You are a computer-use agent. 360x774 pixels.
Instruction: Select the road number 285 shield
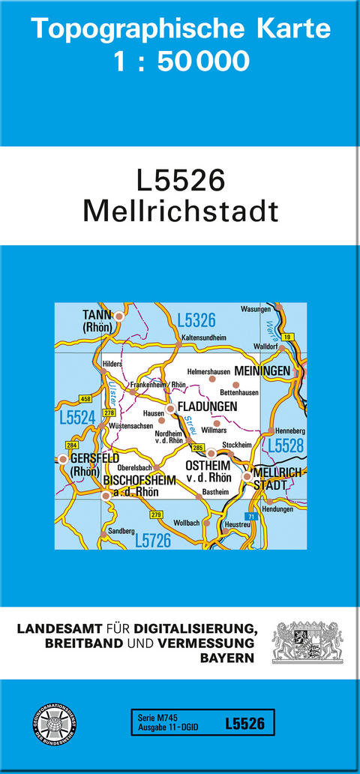(198, 448)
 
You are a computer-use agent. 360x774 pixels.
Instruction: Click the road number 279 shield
(156, 514)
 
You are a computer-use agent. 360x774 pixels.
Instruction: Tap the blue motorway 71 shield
(251, 517)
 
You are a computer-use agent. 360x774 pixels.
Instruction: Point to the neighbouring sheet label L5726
(154, 539)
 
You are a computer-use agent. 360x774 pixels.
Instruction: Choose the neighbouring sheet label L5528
(286, 445)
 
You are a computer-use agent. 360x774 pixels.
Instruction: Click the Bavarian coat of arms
(307, 641)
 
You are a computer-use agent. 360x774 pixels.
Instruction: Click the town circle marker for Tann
(118, 317)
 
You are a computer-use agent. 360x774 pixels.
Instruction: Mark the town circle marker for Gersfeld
(63, 459)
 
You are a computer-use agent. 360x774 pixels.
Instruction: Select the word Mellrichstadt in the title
(180, 211)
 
